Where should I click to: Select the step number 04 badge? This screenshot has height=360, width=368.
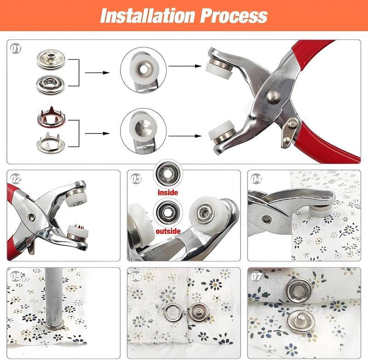pos(256,179)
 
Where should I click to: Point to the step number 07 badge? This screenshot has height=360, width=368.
pos(256,276)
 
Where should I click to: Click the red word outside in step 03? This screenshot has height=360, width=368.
pos(167,231)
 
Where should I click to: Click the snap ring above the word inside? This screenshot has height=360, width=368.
pos(167,174)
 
